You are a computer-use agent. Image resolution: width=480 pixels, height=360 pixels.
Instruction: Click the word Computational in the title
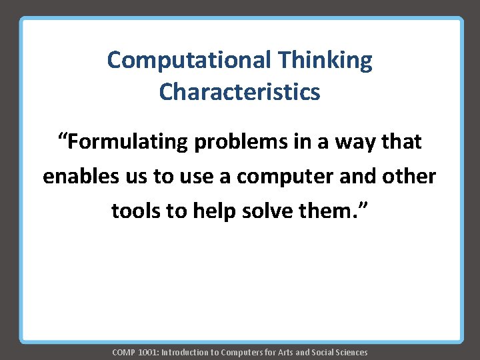pyautogui.click(x=189, y=61)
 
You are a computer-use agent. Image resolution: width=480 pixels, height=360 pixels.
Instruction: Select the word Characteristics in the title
pyautogui.click(x=239, y=91)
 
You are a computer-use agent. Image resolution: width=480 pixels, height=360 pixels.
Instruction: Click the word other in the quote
pyautogui.click(x=411, y=177)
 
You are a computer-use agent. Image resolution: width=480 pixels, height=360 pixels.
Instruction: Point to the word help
pyautogui.click(x=213, y=211)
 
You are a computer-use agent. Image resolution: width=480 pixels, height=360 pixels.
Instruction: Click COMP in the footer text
pyautogui.click(x=123, y=352)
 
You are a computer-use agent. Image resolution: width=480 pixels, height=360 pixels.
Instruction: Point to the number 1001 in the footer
pyautogui.click(x=147, y=352)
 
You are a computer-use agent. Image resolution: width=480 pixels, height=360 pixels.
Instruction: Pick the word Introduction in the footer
pyautogui.click(x=183, y=352)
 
